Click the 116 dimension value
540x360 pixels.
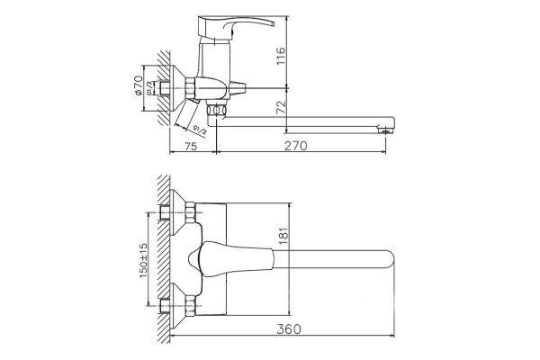tap(281, 56)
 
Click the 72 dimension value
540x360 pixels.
tap(281, 107)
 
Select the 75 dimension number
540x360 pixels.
tap(191, 146)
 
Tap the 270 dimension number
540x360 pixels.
tap(295, 146)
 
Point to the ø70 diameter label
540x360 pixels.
tap(138, 85)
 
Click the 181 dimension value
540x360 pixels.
tap(283, 236)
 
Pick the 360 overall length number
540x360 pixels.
tap(289, 329)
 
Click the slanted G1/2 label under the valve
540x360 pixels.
tap(200, 130)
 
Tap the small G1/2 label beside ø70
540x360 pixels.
tap(149, 88)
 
